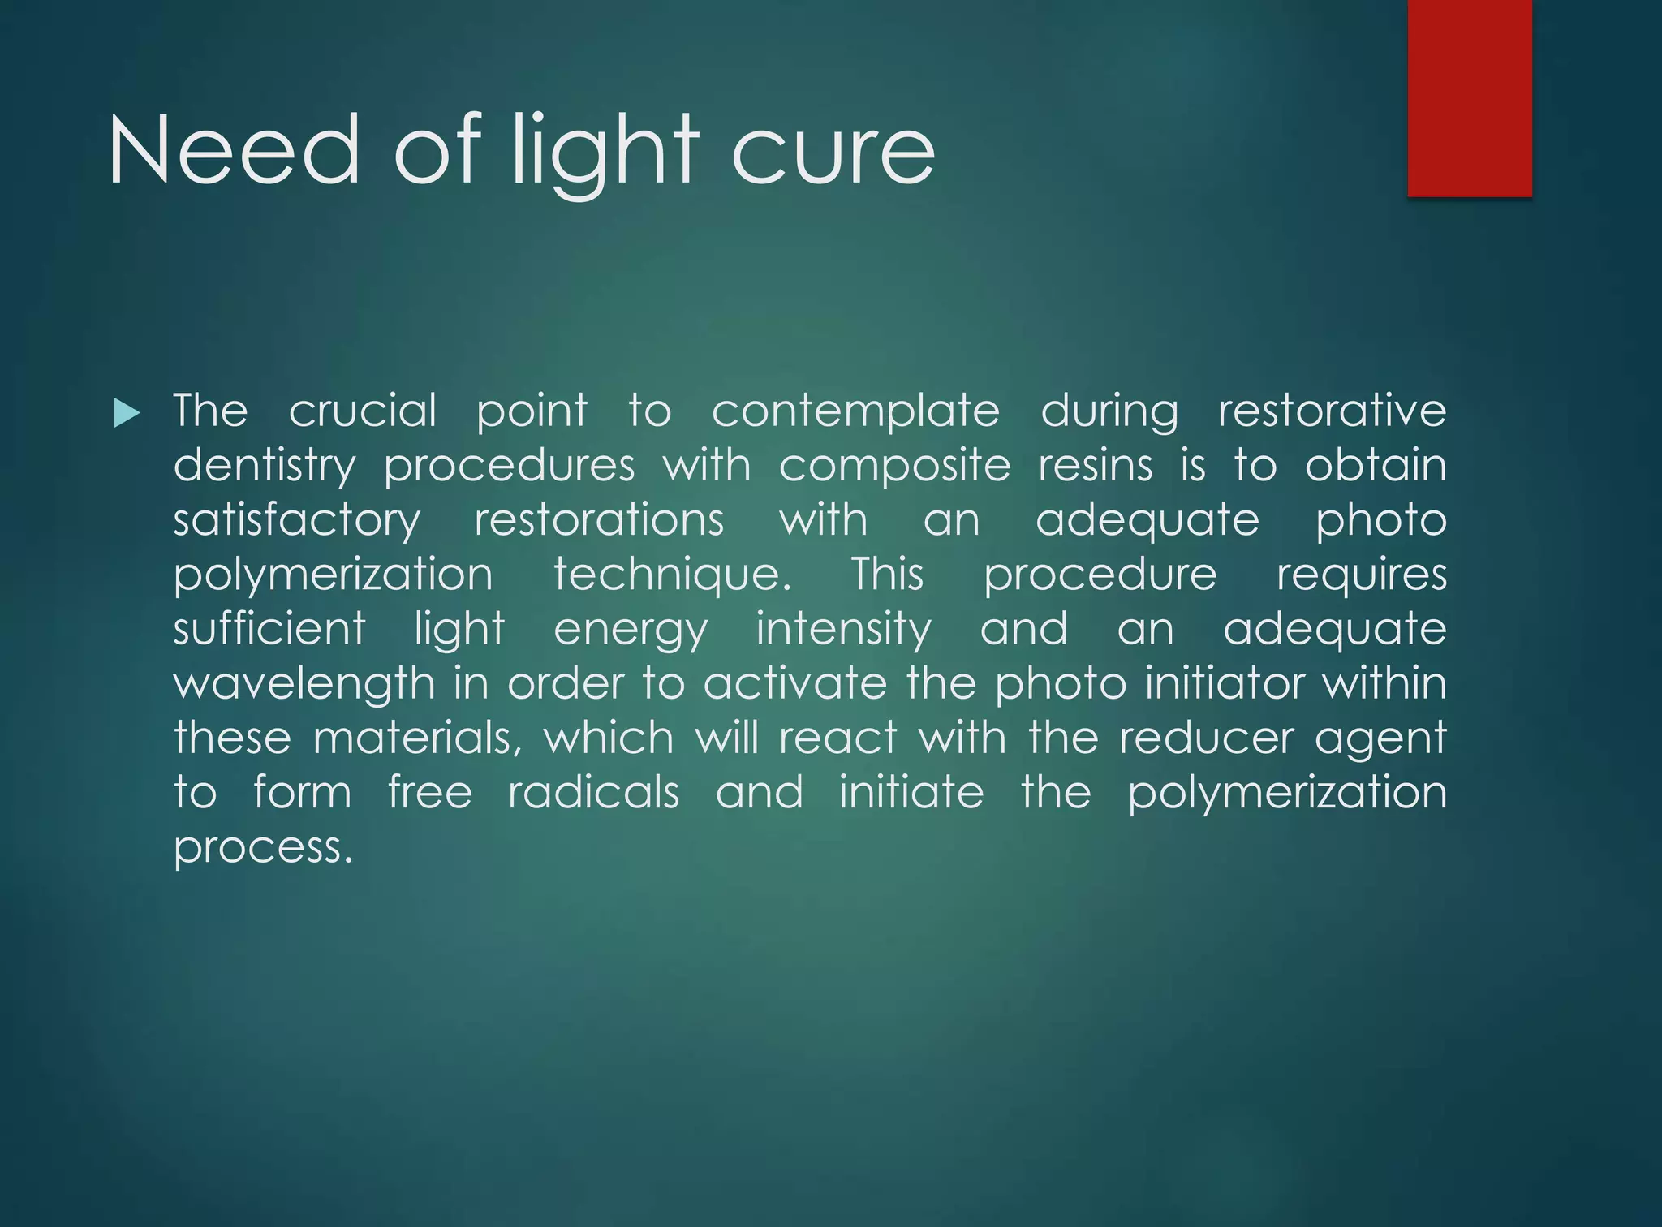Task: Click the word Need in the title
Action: click(x=234, y=151)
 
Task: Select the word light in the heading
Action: click(x=605, y=151)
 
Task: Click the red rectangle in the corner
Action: click(x=1470, y=97)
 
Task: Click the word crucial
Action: click(x=363, y=411)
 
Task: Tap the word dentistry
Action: click(x=265, y=467)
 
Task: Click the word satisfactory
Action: click(x=297, y=521)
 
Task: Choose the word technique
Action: click(x=672, y=575)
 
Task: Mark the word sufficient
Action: click(x=269, y=629)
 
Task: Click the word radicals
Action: click(x=593, y=792)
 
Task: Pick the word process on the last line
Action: click(x=263, y=848)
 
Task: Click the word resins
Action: click(x=1095, y=467)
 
